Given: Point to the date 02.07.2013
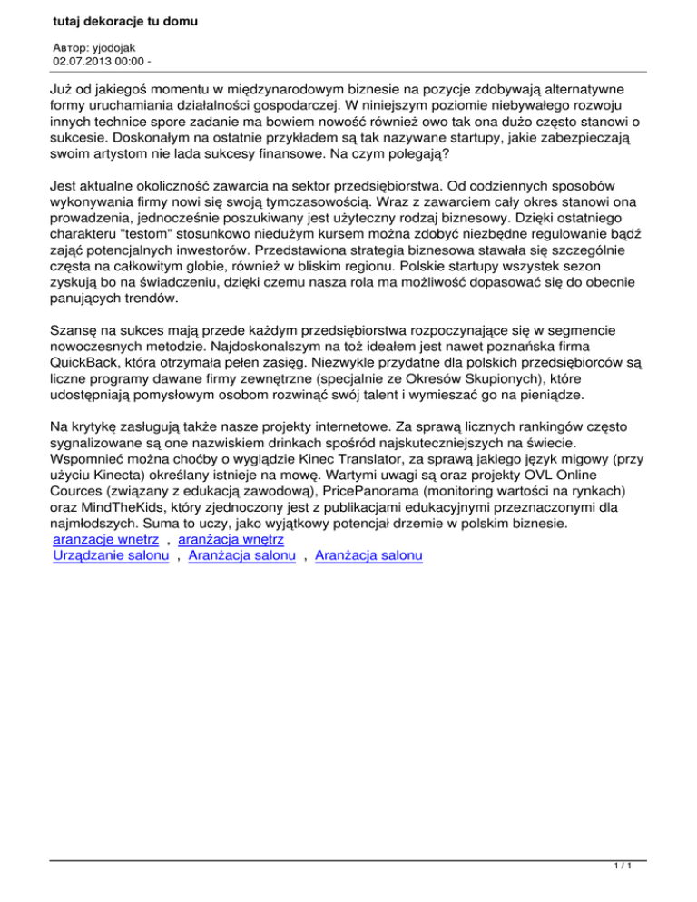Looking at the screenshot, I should click(84, 62).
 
